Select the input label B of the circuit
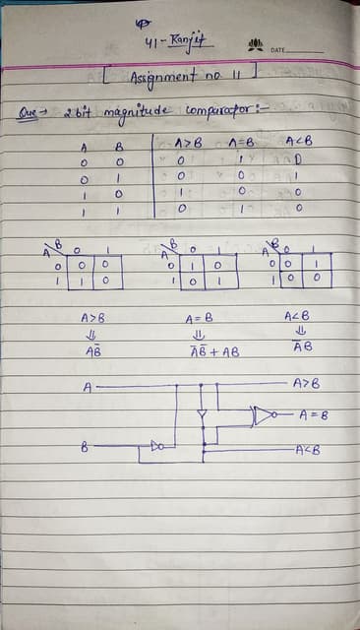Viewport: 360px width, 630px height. (86, 449)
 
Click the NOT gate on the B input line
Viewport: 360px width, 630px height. (156, 448)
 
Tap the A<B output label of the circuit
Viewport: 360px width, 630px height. (308, 450)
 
